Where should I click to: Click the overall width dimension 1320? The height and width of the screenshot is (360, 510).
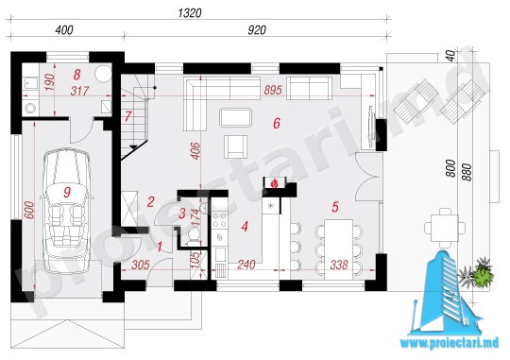(x=190, y=13)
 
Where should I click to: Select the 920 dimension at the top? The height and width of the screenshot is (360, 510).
(x=257, y=30)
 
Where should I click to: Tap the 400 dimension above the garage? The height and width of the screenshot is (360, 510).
(x=64, y=30)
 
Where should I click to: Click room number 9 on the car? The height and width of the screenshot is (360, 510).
(x=67, y=192)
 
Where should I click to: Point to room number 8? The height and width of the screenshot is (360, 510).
(x=76, y=75)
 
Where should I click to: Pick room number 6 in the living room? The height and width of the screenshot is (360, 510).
(x=277, y=124)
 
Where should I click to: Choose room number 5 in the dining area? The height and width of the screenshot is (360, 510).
(x=335, y=207)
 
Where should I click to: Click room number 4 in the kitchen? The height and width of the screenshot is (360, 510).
(x=245, y=226)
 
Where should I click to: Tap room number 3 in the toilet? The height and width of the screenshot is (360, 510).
(x=182, y=214)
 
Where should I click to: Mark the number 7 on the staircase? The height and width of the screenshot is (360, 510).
(x=127, y=116)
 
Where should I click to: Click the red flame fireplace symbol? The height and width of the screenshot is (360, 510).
(x=275, y=183)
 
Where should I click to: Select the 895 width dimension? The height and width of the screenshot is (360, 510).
(x=273, y=90)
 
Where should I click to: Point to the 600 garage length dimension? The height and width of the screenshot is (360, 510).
(x=29, y=211)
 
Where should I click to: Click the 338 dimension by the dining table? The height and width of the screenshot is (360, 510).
(x=339, y=265)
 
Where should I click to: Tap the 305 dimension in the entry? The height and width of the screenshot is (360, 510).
(x=141, y=265)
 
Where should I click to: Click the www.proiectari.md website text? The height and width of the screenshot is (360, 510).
(x=450, y=343)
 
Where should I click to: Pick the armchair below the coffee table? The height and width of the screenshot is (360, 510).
(x=235, y=146)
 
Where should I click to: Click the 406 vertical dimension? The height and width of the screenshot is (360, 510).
(x=195, y=151)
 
